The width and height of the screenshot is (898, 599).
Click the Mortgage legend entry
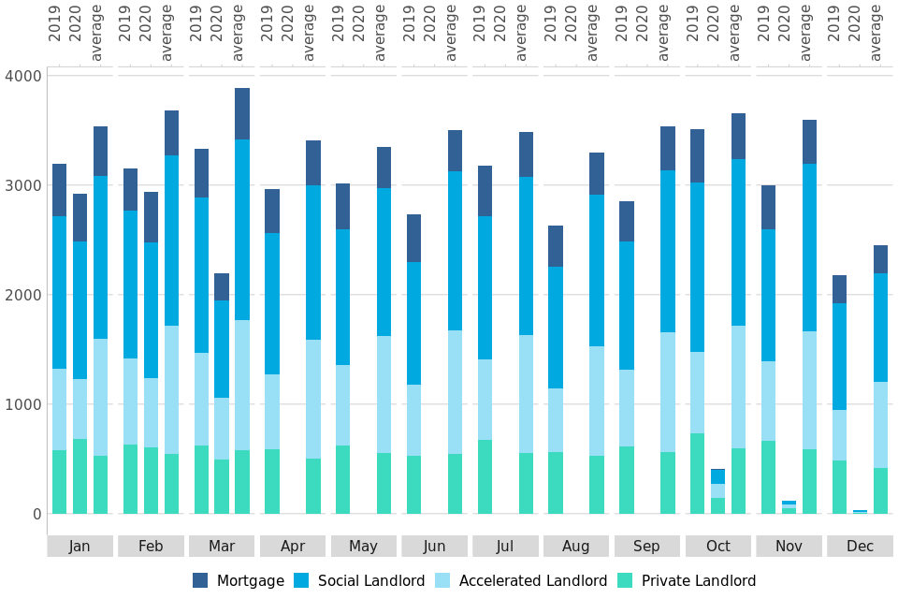pos(239,580)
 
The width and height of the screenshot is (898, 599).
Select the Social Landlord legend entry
pos(360,580)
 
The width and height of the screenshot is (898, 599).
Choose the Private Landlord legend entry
pos(688,580)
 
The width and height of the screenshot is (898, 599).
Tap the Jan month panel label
pos(80,546)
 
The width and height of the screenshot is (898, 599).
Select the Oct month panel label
pos(718,546)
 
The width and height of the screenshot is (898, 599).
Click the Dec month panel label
pos(860,546)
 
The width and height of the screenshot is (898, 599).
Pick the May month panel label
pos(363,546)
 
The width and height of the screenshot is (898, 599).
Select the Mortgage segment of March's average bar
pos(242,113)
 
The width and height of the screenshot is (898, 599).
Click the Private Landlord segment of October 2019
pos(697,474)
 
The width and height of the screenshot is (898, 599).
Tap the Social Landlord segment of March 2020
pos(222,349)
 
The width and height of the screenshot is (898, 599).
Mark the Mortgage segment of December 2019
pos(839,289)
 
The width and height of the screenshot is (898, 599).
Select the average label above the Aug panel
pos(592,34)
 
